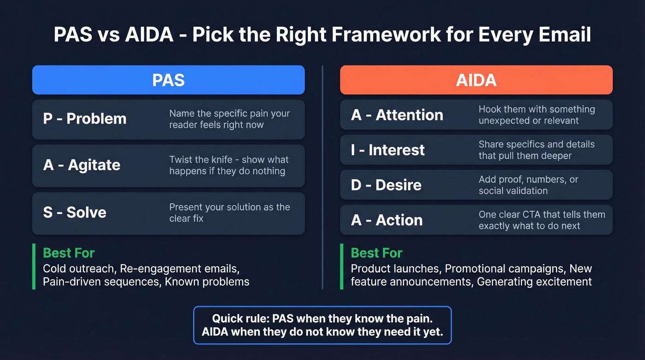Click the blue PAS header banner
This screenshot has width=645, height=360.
point(168,80)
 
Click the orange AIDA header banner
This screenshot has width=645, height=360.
point(476,80)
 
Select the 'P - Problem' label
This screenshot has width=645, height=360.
point(85,118)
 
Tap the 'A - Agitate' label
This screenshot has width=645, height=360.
point(82,165)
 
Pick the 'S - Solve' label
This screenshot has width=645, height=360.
point(75,212)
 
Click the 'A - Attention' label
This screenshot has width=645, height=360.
point(397,115)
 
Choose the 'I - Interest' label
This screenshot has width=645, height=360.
point(387,150)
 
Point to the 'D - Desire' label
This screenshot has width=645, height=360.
point(386,185)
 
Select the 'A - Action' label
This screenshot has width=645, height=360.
point(387,220)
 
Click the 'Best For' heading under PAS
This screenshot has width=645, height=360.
point(69,253)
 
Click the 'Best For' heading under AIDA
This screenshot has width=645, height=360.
point(376,253)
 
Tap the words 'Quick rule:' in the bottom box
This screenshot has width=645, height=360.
point(240,319)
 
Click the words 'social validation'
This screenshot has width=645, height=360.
point(513,191)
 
